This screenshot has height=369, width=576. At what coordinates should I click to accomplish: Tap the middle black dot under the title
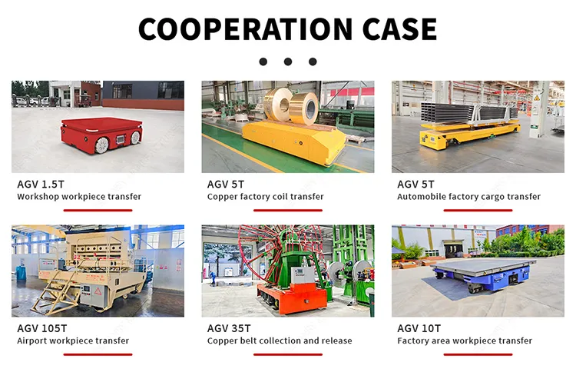pos(287,61)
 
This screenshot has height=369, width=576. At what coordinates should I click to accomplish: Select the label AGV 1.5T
pos(39,184)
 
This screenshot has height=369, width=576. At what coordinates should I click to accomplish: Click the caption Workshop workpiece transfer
pos(79,197)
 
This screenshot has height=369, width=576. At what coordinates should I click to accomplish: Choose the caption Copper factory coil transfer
pos(265,197)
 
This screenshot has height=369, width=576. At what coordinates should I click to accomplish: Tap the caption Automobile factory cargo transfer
pos(468,197)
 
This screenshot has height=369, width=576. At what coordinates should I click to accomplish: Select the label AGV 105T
pos(41,328)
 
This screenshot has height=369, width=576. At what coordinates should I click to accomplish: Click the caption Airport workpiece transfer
pos(73,341)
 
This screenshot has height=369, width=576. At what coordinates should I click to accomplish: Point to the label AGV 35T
pos(228,328)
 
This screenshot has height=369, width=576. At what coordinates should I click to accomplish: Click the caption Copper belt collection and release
pos(280,341)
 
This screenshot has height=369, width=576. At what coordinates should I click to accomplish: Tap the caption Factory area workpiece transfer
pos(465,341)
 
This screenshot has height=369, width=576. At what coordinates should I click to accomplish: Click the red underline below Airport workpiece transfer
pos(98,354)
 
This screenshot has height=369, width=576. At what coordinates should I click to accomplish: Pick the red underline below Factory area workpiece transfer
pos(478,354)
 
